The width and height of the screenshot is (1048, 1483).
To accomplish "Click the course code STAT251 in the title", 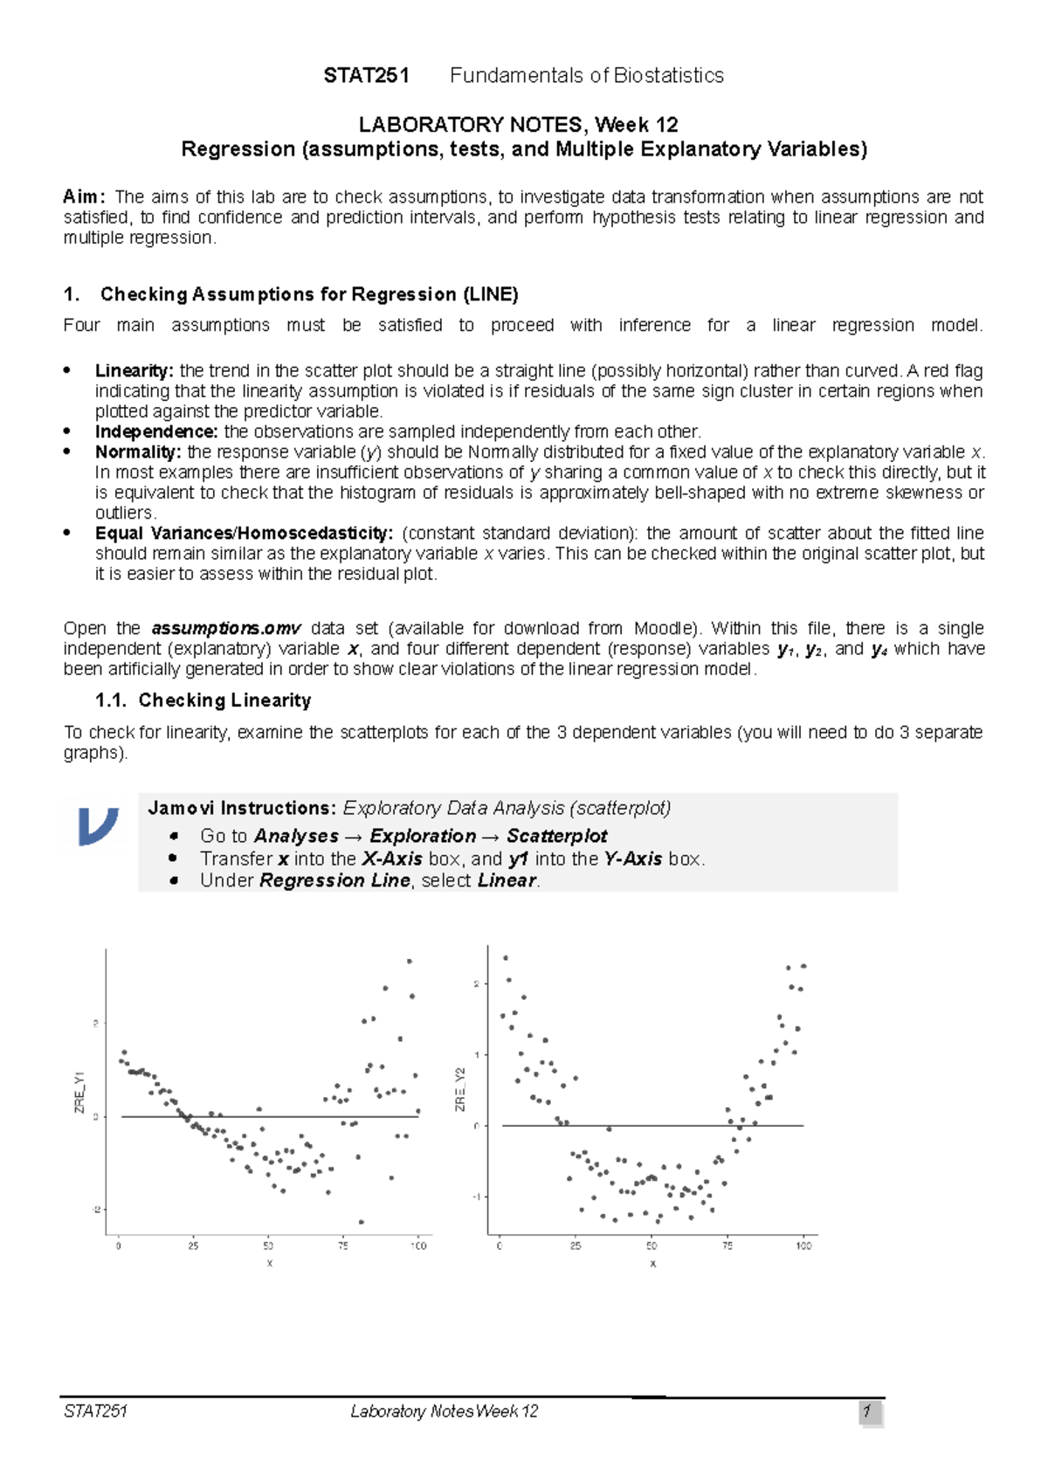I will pos(366,76).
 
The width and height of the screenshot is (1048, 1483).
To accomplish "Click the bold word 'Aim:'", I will pos(84,197).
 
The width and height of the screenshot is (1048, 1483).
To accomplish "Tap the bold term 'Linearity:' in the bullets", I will pos(134,371).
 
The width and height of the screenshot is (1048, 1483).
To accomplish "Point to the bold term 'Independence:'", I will pos(156,432).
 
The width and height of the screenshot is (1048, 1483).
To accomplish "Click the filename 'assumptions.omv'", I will pos(226,629).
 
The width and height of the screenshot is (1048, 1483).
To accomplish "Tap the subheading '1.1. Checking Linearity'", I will pos(203,700).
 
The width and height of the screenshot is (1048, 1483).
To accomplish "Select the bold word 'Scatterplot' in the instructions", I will pos(557,837).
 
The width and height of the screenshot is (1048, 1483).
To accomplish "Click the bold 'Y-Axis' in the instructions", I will pos(632,859).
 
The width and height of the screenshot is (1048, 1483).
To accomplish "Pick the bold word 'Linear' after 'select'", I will pos(507,881).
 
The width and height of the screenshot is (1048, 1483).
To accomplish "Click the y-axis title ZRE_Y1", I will pos(79,1092).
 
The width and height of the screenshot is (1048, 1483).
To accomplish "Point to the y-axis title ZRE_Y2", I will pos(460,1090).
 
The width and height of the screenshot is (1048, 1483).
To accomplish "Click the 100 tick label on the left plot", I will pos(418,1246).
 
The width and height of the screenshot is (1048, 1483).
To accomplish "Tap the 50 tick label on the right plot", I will pos(652,1246).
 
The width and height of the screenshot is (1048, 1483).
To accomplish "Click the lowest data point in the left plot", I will pos(362,1222).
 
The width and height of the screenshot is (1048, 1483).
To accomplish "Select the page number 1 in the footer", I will pos(868,1411).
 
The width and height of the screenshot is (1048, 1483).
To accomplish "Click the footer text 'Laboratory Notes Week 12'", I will pos(444,1411).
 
